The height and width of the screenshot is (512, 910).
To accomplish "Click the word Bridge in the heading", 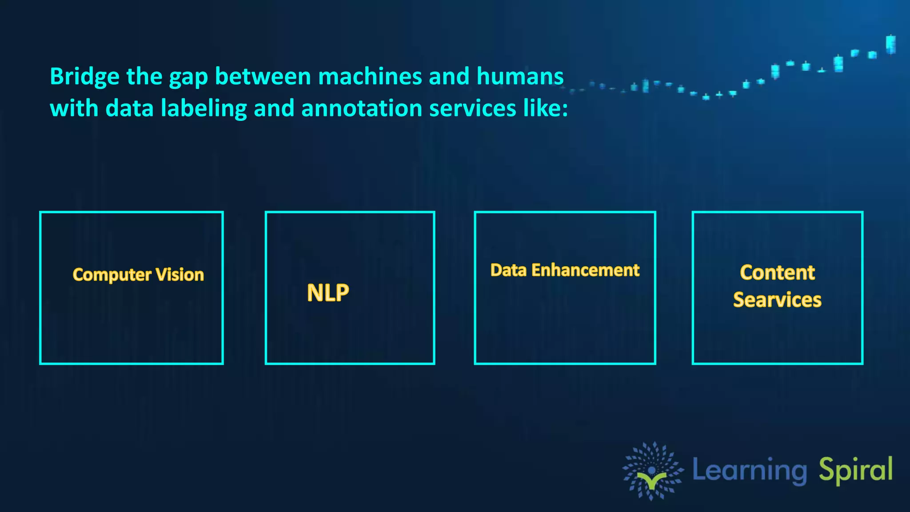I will click(84, 76).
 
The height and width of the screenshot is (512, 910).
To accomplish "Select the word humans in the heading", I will click(520, 76).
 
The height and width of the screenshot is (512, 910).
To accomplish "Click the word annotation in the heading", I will click(362, 108).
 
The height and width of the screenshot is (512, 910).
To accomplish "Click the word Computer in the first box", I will click(112, 275).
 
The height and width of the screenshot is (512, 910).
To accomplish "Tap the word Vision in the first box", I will click(180, 275).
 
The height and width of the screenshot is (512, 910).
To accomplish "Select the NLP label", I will click(328, 293).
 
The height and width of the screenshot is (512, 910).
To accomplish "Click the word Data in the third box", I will click(508, 270).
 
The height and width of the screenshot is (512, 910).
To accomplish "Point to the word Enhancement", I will click(585, 270).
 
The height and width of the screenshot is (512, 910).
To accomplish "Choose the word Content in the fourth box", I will click(777, 272).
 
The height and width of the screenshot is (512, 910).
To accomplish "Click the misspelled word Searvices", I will click(777, 300).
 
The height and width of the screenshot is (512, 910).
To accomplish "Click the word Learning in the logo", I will click(750, 470).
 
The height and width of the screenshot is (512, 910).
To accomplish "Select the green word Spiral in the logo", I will click(855, 470).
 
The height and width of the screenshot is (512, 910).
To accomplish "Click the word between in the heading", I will click(263, 76).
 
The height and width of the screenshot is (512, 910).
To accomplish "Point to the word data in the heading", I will click(129, 108).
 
